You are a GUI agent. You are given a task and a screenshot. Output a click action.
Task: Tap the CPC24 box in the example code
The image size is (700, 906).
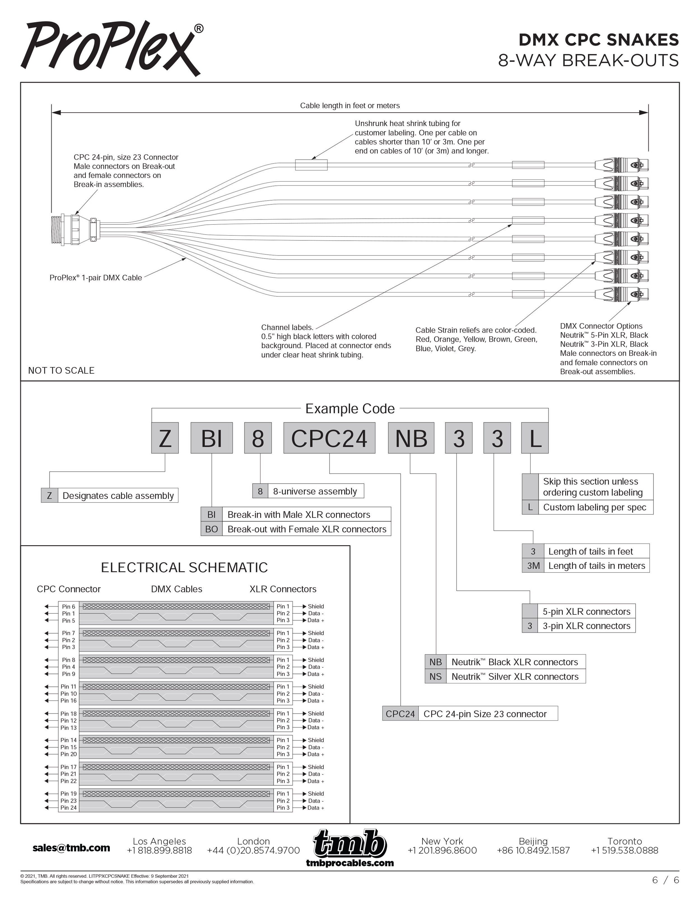[329, 438]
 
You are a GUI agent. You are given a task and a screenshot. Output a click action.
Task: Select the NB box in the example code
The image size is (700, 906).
[411, 438]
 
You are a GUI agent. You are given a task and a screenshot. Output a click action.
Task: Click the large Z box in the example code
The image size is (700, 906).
[165, 438]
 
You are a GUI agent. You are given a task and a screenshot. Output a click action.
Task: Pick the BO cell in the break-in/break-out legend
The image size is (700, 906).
[211, 529]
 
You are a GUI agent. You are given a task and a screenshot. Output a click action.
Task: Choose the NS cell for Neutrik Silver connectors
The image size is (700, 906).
[435, 677]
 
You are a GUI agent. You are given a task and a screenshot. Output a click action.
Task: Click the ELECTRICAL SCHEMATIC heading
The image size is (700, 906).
[184, 567]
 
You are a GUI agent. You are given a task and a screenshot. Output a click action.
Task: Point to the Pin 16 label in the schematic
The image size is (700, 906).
[68, 701]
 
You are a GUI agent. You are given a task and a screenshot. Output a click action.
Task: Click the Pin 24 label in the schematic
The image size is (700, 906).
[68, 808]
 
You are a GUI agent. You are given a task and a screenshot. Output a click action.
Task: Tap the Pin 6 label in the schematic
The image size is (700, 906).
[68, 607]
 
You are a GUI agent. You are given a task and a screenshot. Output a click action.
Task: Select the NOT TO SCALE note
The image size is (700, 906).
[61, 371]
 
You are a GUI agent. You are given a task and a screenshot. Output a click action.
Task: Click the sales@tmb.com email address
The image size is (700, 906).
[71, 848]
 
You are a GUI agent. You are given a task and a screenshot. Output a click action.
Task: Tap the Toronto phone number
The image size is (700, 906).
[624, 851]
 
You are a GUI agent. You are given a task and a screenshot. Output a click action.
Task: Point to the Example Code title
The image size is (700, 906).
[350, 409]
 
